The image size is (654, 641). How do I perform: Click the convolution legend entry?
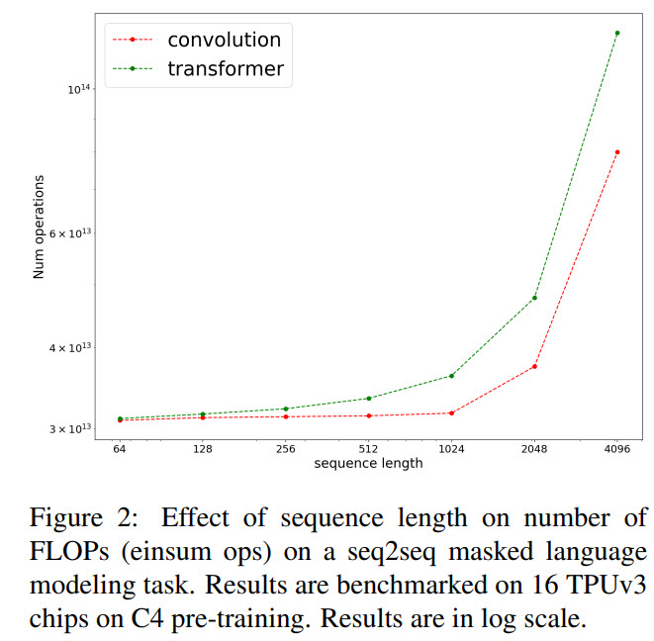pos(224,40)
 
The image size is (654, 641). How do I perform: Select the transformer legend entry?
pos(226,68)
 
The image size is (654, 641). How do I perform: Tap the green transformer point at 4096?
pos(617,33)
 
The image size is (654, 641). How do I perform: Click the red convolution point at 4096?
pos(617,152)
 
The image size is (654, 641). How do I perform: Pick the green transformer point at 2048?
pos(534,298)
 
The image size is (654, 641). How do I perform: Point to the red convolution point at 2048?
pos(534,366)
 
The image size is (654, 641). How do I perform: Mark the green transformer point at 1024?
pos(451,376)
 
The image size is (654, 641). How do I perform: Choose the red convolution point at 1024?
pos(451,412)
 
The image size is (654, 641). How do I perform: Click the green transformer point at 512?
pos(368,398)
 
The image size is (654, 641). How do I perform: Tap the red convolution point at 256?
pos(285,416)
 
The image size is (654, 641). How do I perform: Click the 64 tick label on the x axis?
pos(119,447)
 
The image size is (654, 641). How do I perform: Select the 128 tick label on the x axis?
pos(202,447)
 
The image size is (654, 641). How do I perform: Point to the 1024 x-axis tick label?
pos(451,447)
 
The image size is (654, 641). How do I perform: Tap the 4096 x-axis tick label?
pos(617,447)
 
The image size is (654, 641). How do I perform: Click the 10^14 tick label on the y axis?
pos(78,90)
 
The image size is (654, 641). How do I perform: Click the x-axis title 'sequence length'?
pos(368,463)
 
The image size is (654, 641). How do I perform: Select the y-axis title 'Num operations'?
pos(40,228)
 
